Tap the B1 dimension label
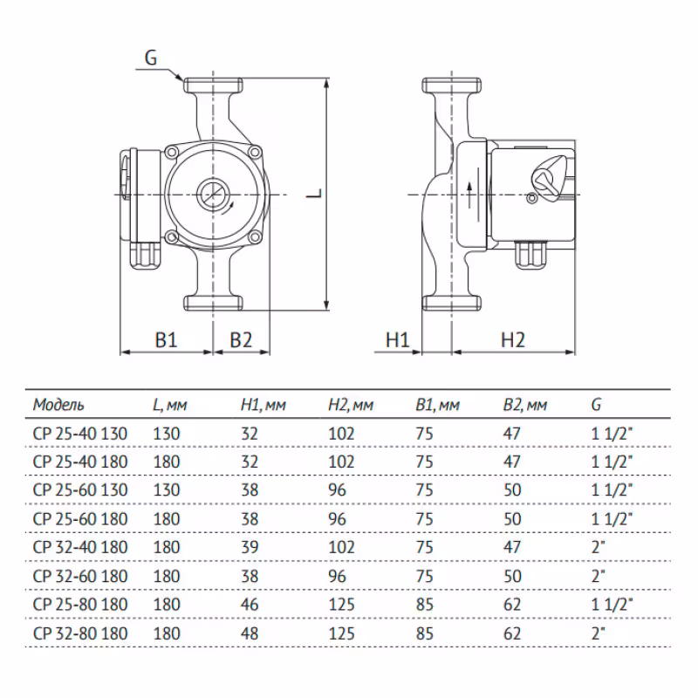pos(166,340)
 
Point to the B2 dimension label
pos(242,340)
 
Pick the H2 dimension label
pos(513,340)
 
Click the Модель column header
pos(58,405)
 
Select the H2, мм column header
pos(351,405)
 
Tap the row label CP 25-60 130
pos(79,489)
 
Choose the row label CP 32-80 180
pos(79,633)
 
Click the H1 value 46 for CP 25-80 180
pos(250,605)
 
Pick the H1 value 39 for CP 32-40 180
pos(250,547)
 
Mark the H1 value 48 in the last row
pos(250,633)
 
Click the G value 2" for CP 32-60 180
pos(598,576)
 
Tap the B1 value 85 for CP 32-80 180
pos(425,633)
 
